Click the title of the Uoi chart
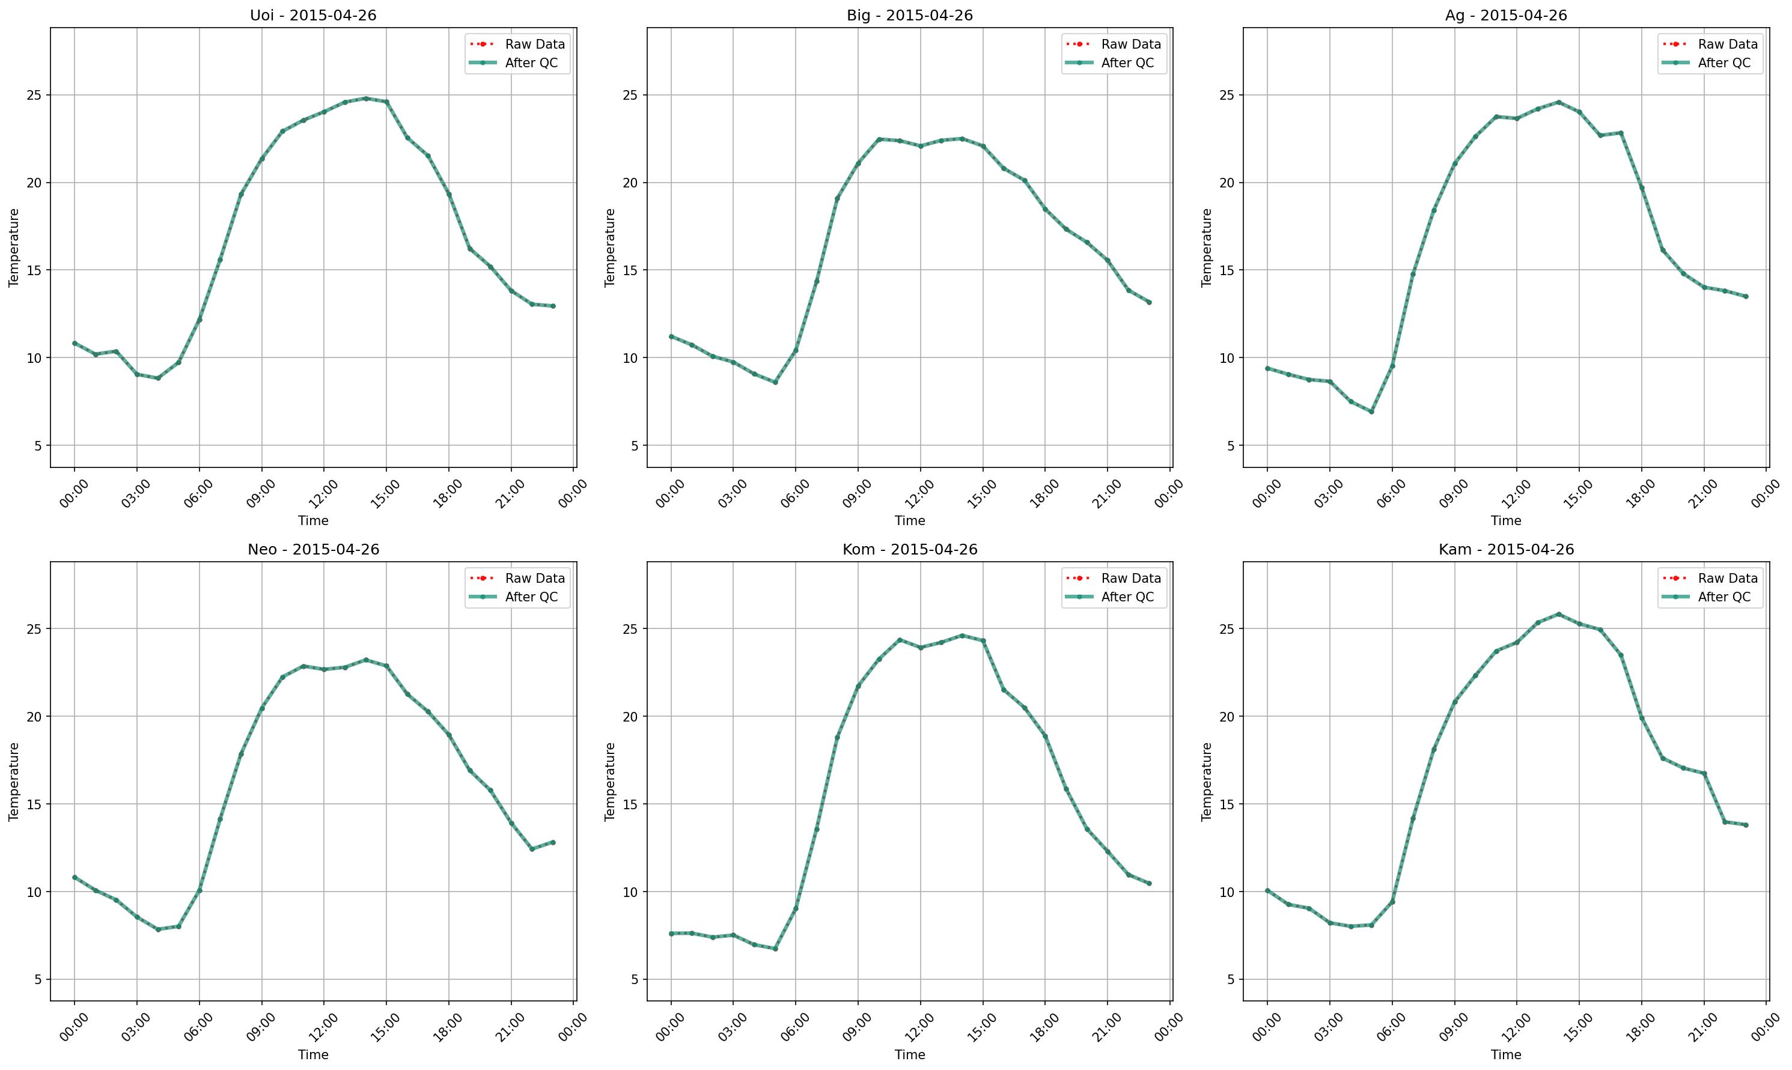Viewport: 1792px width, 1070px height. pyautogui.click(x=313, y=15)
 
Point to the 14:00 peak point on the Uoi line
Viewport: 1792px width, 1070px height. pyautogui.click(x=365, y=98)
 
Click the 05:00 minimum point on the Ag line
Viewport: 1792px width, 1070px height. pyautogui.click(x=1371, y=412)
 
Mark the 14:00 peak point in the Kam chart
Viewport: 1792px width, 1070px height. pyautogui.click(x=1558, y=615)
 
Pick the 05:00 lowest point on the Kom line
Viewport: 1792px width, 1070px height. pyautogui.click(x=775, y=949)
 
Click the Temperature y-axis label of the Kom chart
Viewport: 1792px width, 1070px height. pyautogui.click(x=610, y=782)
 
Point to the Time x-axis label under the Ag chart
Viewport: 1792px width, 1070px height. pyautogui.click(x=1506, y=520)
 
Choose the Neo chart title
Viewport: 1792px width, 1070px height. pyautogui.click(x=313, y=550)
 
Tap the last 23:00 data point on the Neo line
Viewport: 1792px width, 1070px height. pyautogui.click(x=553, y=842)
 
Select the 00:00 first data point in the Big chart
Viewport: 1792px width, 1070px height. pyautogui.click(x=671, y=336)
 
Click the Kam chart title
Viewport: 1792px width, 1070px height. pyautogui.click(x=1506, y=550)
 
